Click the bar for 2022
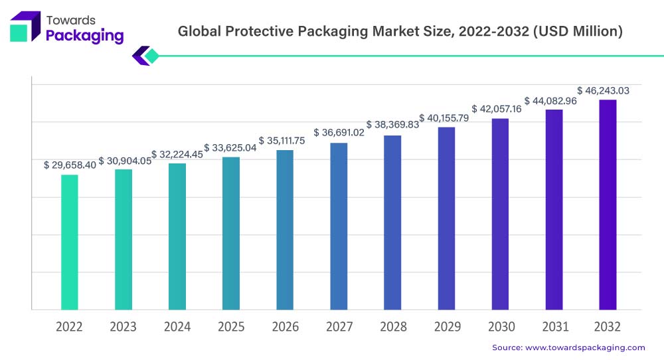(x=69, y=242)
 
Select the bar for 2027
(x=339, y=226)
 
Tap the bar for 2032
(x=608, y=205)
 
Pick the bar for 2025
(x=231, y=233)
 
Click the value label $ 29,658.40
(x=69, y=164)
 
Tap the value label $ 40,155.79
(x=446, y=118)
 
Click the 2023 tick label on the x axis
(x=123, y=327)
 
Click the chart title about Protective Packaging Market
(x=400, y=32)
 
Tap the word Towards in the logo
(x=71, y=20)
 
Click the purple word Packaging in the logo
(x=84, y=36)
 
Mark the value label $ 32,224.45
(x=177, y=154)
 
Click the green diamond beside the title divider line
(x=151, y=56)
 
